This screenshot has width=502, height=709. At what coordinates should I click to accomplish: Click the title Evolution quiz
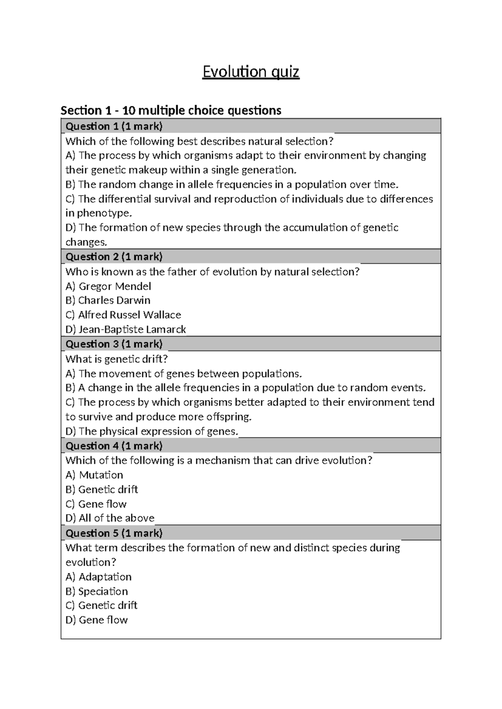click(251, 72)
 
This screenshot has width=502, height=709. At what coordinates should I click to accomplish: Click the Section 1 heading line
click(171, 110)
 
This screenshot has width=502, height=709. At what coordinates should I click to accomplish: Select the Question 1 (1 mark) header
click(114, 126)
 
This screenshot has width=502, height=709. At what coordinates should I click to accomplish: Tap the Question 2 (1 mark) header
click(114, 257)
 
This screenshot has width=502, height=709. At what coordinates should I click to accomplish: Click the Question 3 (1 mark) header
click(114, 344)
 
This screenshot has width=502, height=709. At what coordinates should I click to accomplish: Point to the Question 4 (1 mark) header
click(114, 446)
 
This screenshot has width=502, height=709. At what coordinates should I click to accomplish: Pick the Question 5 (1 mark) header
click(114, 533)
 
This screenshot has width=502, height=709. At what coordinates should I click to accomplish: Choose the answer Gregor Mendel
click(108, 286)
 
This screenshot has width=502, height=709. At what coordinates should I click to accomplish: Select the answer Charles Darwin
click(108, 301)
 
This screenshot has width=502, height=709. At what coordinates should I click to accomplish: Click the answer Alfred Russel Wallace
click(123, 315)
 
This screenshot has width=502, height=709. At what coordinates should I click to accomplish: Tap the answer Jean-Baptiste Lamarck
click(125, 329)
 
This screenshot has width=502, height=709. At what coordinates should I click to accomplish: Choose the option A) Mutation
click(95, 475)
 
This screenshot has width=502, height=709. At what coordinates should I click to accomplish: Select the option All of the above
click(110, 518)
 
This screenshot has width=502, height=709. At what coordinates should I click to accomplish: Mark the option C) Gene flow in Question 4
click(96, 504)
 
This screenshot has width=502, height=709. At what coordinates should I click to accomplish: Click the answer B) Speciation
click(97, 592)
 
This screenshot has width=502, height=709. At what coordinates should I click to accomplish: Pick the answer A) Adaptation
click(99, 577)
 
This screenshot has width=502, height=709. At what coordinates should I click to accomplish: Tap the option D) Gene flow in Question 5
click(97, 620)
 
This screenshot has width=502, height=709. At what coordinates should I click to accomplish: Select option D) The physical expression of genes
click(152, 431)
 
